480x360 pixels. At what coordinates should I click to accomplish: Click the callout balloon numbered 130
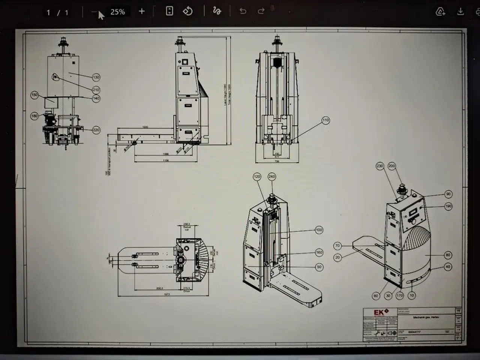coord(96,77)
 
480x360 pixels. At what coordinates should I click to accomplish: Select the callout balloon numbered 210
coord(96,90)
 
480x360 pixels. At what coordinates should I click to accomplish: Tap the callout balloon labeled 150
coord(34,95)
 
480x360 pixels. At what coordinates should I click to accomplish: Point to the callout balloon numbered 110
coord(325,120)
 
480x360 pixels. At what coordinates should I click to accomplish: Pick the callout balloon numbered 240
coord(271,177)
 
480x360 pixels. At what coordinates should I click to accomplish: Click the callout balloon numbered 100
coord(319,230)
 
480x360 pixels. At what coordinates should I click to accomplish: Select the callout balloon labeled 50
coord(319,267)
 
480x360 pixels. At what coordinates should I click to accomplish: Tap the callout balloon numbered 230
coord(380,166)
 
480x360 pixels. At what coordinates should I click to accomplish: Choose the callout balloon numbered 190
coord(448,206)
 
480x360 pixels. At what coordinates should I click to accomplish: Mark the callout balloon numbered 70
coord(337,246)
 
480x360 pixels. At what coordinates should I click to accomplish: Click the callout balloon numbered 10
coord(412,295)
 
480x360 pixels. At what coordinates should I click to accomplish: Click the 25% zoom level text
coord(117,12)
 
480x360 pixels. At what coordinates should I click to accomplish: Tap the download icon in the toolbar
coord(460,12)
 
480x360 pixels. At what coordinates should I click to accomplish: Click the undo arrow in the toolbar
coord(243,11)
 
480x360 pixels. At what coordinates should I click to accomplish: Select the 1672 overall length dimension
coord(167,295)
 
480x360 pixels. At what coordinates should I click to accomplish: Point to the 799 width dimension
coord(277,161)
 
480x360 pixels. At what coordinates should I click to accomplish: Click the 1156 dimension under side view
coord(166,160)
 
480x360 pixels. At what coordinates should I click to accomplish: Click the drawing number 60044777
coord(414,332)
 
